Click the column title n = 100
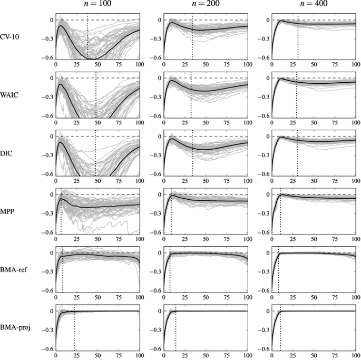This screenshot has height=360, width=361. point(98,4)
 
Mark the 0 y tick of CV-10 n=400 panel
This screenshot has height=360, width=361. point(267,20)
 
